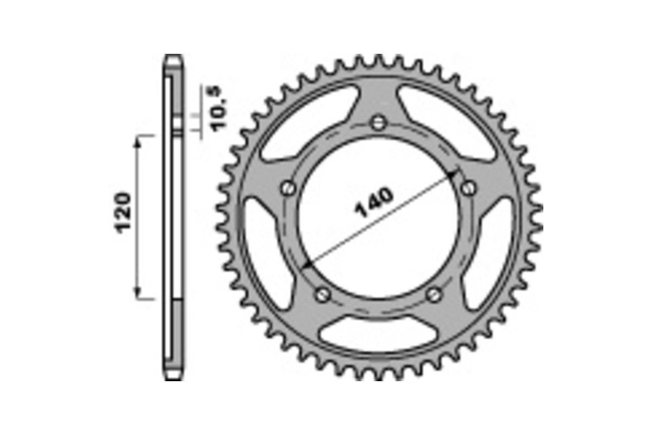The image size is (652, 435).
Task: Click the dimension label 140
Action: click(x=374, y=202)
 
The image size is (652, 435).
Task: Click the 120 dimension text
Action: click(x=125, y=212)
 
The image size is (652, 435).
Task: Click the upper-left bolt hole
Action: click(x=288, y=188)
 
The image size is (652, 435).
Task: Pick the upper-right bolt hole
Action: click(x=468, y=188)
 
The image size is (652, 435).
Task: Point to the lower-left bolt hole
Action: click(x=323, y=294)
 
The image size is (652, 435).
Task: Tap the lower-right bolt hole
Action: click(x=434, y=295)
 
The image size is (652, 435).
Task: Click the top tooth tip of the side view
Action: click(x=174, y=57)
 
